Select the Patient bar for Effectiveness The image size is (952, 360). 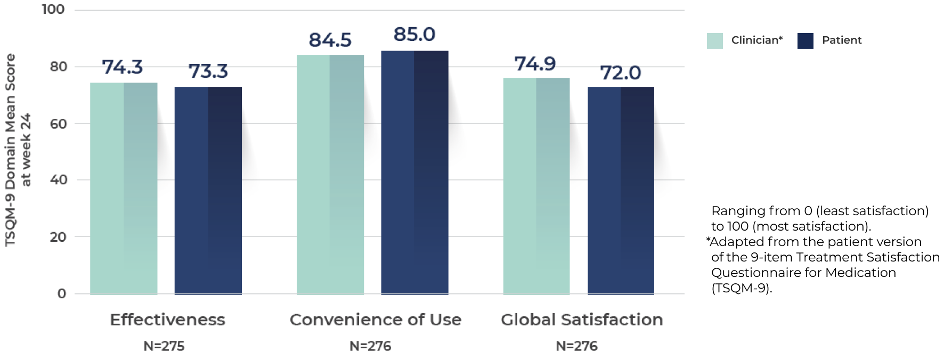[x=208, y=190]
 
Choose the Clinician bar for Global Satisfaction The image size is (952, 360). [x=536, y=186]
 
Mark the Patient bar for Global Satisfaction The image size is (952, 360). [x=621, y=190]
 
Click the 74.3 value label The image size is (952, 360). [x=123, y=67]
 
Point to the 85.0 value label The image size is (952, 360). [x=414, y=35]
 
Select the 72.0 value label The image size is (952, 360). [x=621, y=72]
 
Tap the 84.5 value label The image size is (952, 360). [x=330, y=40]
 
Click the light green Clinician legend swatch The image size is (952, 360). [x=714, y=41]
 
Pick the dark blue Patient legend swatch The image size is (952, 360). [x=805, y=41]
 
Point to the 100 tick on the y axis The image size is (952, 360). [x=53, y=10]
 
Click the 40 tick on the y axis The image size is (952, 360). [x=59, y=179]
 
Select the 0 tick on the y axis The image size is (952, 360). [x=62, y=293]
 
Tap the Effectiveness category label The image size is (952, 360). [x=167, y=320]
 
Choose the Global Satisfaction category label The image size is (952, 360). [x=582, y=320]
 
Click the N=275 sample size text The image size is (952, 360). [x=164, y=346]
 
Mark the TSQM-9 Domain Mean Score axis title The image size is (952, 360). [x=11, y=150]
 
